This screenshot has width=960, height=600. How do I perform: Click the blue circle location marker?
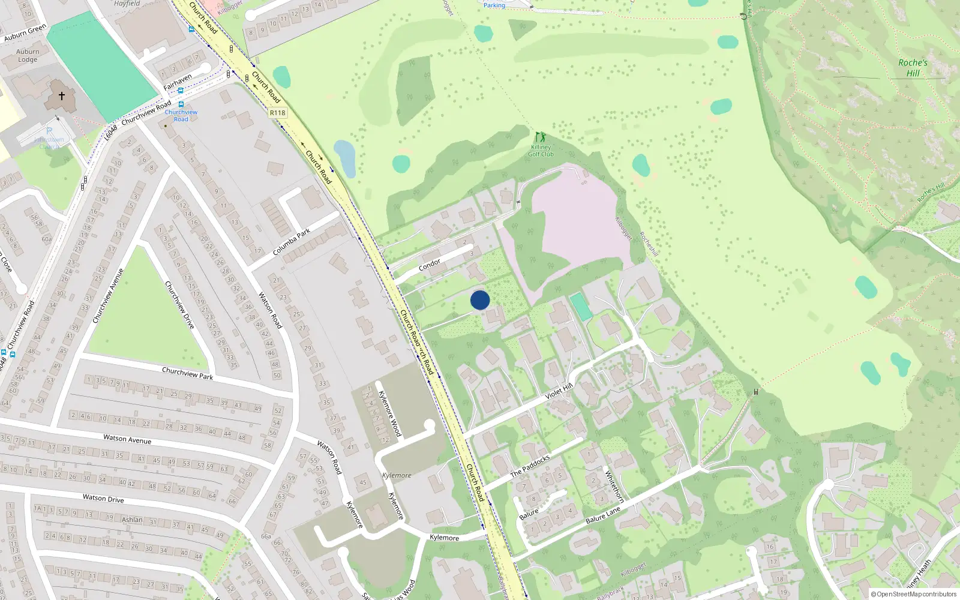click(480, 300)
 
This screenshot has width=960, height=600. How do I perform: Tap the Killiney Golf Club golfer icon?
click(541, 137)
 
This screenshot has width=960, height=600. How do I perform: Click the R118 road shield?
click(278, 113)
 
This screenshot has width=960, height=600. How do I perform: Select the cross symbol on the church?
click(61, 96)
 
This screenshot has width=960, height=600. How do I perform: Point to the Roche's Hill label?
click(913, 68)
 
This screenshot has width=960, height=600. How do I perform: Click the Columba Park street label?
click(292, 242)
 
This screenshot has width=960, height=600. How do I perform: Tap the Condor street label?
click(430, 265)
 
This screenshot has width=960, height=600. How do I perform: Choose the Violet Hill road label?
click(559, 391)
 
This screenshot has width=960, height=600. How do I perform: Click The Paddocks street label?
click(530, 466)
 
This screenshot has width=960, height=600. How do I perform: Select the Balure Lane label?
click(603, 515)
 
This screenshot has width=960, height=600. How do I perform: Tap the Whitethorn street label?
click(614, 486)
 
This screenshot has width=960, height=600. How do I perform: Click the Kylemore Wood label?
click(389, 413)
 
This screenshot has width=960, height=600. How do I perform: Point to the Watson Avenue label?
click(127, 439)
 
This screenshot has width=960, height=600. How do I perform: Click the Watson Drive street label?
click(103, 498)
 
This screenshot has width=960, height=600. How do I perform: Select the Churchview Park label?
click(187, 373)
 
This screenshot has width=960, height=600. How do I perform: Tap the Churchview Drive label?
click(180, 304)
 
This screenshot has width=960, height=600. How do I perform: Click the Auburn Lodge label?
click(28, 56)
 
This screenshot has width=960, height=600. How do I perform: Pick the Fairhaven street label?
click(178, 82)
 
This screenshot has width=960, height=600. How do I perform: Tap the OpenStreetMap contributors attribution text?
click(914, 594)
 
